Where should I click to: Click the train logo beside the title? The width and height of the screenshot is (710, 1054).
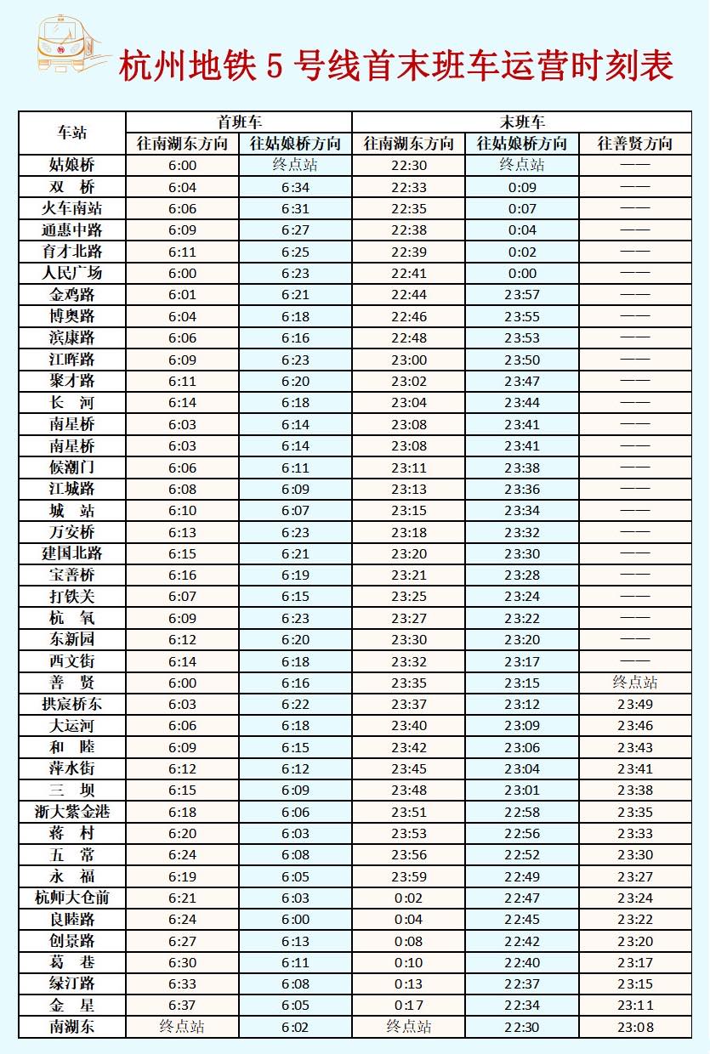click(62, 45)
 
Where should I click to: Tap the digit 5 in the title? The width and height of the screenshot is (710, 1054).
click(275, 65)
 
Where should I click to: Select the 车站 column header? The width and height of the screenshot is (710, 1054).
click(72, 133)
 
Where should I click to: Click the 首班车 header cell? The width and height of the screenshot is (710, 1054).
click(239, 122)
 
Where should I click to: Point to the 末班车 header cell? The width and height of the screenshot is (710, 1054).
click(522, 122)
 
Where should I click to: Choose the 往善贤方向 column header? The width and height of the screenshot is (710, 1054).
click(635, 144)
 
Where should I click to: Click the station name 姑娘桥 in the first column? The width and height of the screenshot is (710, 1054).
click(72, 166)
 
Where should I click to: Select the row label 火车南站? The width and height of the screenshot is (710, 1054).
click(72, 208)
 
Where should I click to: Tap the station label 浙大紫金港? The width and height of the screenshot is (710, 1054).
click(72, 812)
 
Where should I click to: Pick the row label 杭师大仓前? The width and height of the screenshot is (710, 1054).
click(72, 898)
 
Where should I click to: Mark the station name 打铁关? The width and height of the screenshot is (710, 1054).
click(72, 597)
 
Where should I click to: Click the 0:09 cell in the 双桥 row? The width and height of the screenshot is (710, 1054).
click(522, 187)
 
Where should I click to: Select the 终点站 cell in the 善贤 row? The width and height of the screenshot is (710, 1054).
click(635, 683)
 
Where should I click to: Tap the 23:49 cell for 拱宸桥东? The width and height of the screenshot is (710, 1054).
click(635, 704)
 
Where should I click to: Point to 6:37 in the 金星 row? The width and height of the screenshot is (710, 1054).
click(182, 1006)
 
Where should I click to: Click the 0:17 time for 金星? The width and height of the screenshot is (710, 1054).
click(408, 1006)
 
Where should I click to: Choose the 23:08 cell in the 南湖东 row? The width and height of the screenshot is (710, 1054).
click(635, 1027)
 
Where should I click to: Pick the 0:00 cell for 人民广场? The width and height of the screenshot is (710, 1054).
click(522, 273)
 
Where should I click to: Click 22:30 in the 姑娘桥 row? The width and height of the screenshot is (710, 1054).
click(408, 166)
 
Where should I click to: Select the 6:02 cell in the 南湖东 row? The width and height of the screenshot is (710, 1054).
click(295, 1027)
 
